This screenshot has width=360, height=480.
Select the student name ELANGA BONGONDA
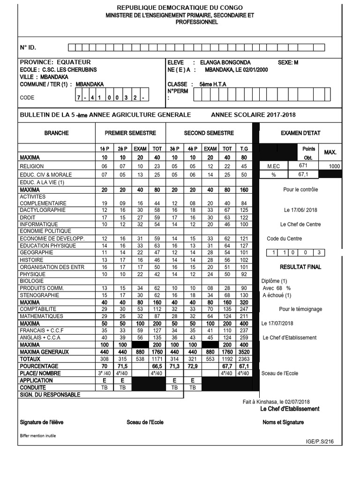click(225, 62)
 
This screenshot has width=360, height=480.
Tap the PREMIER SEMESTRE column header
click(130, 133)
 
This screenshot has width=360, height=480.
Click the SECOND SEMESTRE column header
click(209, 133)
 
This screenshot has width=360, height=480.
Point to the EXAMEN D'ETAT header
click(300, 133)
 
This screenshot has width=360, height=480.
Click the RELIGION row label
click(32, 166)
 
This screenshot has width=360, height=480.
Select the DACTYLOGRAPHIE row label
click(43, 210)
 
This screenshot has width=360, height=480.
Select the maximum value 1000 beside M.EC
click(335, 166)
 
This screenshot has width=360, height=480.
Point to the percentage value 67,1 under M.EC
click(305, 174)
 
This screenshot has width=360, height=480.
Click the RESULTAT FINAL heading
click(300, 267)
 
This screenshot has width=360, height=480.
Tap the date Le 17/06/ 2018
click(300, 210)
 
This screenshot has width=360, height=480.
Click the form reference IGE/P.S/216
click(320, 442)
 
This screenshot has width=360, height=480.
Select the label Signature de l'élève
click(42, 422)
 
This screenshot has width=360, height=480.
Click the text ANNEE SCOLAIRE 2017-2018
click(253, 115)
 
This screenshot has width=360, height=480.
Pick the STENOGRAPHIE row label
click(40, 295)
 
